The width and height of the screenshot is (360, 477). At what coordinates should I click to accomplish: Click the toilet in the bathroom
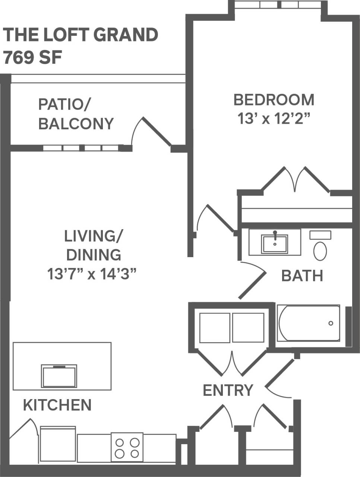320,250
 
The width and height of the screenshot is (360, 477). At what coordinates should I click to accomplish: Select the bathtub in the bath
309,323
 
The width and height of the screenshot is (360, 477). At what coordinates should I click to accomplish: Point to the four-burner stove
127,448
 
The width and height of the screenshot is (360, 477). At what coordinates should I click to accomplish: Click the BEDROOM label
274,100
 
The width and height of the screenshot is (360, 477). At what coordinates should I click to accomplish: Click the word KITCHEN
57,405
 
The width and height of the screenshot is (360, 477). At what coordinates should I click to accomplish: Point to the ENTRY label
228,390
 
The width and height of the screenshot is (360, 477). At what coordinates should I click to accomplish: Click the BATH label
302,276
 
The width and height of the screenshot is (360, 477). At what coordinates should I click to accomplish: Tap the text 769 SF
32,58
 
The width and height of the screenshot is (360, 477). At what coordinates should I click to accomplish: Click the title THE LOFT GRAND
80,35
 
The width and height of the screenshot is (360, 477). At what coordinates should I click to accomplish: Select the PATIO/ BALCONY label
76,114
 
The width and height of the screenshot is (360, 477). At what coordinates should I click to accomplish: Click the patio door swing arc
135,130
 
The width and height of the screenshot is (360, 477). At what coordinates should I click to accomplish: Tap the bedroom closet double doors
296,179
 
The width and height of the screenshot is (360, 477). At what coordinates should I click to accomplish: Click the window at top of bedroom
277,5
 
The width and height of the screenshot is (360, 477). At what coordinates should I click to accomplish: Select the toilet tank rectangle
320,235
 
